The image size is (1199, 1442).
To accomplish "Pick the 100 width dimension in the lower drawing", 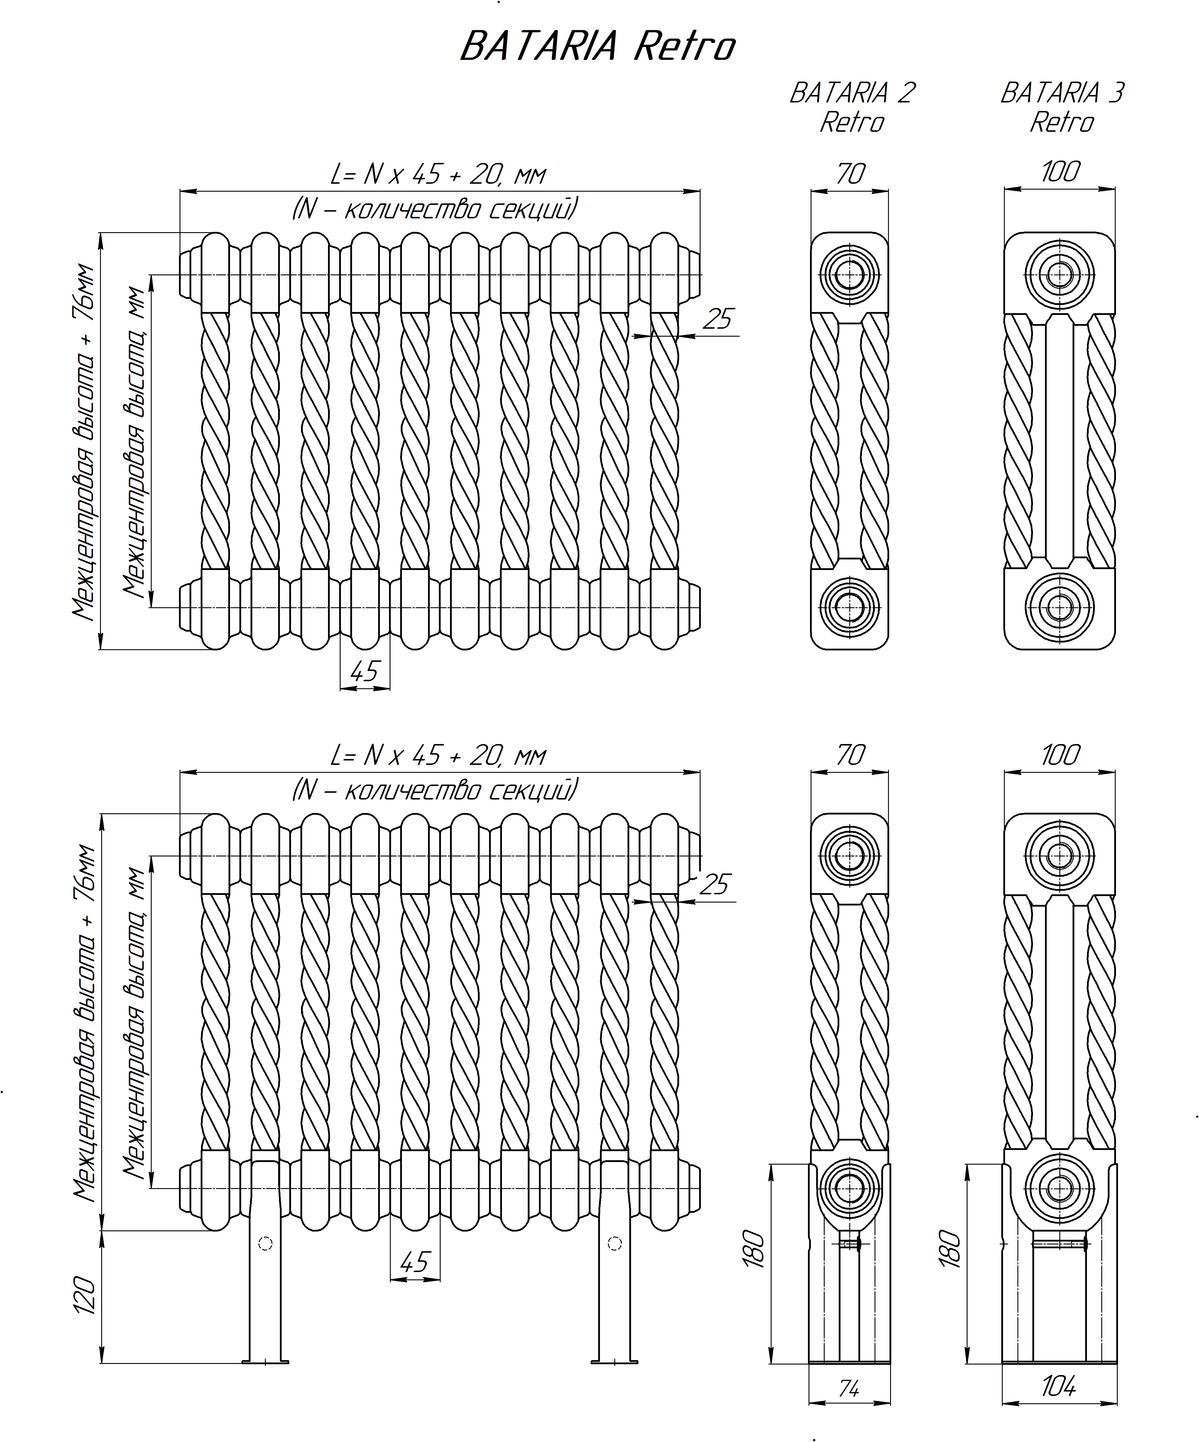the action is [1060, 755].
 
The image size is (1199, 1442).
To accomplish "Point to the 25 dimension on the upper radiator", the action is [718, 319].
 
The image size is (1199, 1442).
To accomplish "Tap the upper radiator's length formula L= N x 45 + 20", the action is [438, 174].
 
